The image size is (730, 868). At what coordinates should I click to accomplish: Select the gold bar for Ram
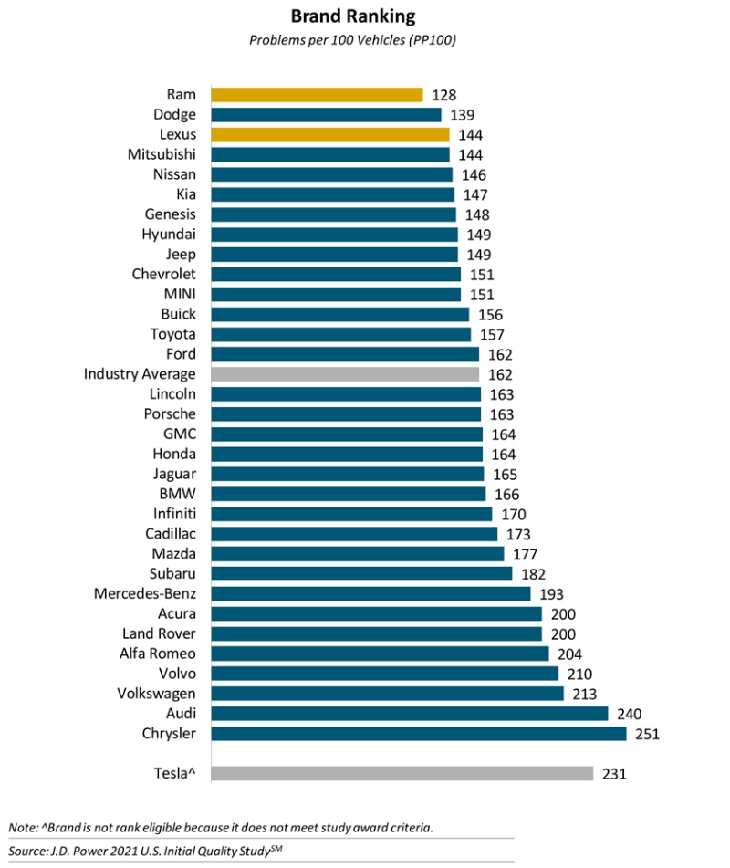(317, 95)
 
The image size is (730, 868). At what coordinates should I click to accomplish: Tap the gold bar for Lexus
(329, 135)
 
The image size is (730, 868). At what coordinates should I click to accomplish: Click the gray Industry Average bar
(345, 374)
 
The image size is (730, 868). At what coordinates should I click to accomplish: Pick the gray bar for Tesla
(402, 774)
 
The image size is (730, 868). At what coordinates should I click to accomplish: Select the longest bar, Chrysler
(418, 734)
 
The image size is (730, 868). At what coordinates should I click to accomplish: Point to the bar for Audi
(409, 714)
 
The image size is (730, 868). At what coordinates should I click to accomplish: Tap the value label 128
(443, 95)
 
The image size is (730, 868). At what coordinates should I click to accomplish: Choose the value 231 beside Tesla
(614, 774)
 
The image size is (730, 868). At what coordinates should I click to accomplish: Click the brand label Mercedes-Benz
(145, 593)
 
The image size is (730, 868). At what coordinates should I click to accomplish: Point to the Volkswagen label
(156, 694)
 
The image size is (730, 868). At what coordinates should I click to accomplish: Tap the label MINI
(179, 294)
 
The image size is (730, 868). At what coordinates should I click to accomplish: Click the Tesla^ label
(174, 774)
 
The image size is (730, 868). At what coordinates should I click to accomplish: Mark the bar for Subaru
(360, 573)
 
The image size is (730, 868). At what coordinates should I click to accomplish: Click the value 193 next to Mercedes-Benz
(550, 593)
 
